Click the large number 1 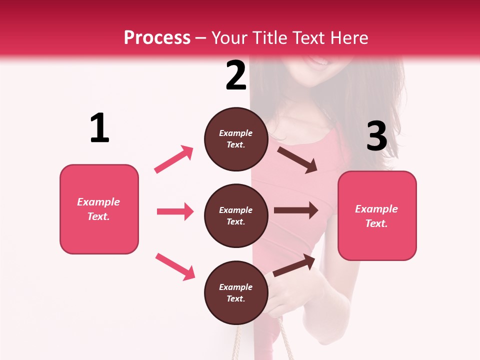point(99,128)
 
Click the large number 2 point(236,75)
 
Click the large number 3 point(376,136)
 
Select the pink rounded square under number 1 point(99,209)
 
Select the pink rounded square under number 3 point(377,215)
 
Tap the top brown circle point(236,139)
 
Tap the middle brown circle point(236,215)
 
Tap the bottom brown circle point(236,292)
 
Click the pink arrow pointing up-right point(174,159)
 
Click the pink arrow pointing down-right point(175,266)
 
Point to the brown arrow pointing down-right point(297,159)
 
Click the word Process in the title point(157,38)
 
